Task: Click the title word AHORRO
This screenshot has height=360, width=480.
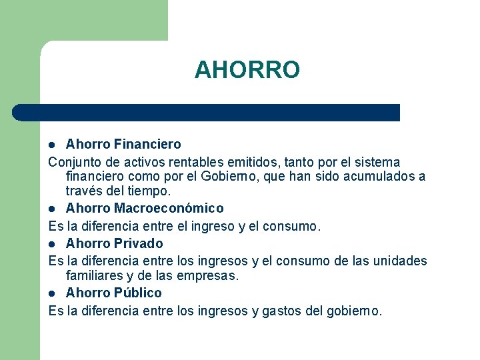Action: coord(247,69)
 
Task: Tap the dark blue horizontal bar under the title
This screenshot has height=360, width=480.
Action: coord(207,113)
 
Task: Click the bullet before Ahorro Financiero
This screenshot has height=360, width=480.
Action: coord(54,145)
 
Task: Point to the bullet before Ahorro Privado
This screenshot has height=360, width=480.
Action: coord(54,243)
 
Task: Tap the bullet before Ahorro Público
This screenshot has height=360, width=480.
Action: coord(54,293)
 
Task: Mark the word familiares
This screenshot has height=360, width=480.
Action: coord(93,275)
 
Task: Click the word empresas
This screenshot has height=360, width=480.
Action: coord(209,275)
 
